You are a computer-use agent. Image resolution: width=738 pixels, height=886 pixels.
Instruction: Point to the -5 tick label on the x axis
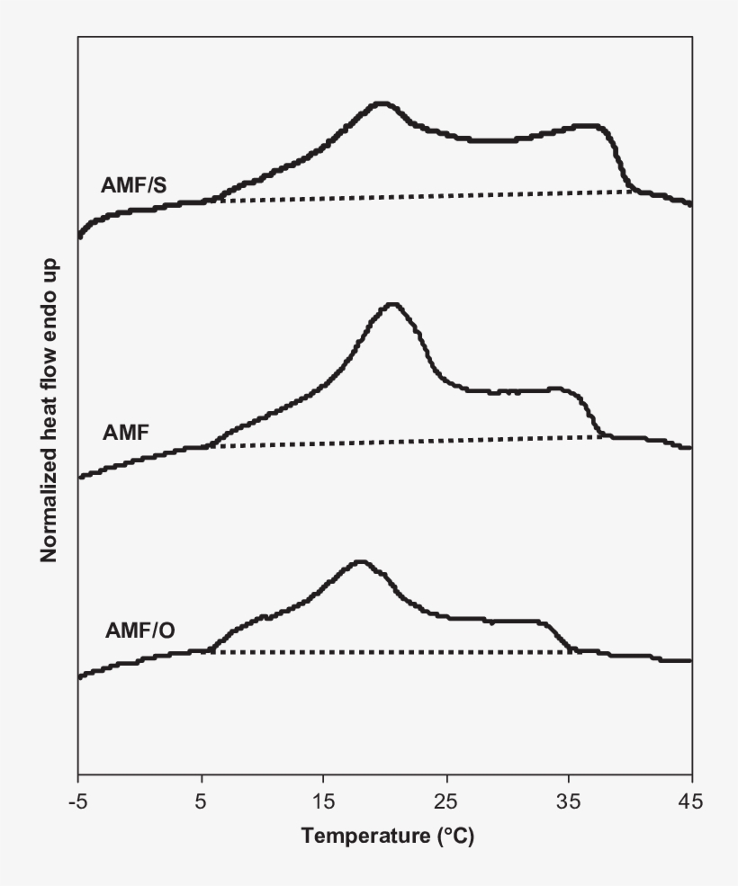[78, 800]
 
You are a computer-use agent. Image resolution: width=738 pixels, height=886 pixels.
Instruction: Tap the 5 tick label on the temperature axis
[201, 800]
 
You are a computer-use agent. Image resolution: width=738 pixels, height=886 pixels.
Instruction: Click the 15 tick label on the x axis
[323, 800]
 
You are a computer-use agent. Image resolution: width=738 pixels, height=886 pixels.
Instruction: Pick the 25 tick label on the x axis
[446, 800]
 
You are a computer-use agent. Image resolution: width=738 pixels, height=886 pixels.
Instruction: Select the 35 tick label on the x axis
[569, 800]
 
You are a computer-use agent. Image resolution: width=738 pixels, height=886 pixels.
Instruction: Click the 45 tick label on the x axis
[691, 800]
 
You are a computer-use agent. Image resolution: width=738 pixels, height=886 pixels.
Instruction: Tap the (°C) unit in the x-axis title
[455, 837]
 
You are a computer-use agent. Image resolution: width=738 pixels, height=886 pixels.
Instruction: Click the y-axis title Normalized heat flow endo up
[49, 409]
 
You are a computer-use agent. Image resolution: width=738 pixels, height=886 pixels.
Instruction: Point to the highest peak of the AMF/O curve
[361, 562]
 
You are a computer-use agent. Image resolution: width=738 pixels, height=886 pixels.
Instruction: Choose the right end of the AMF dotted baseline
[603, 437]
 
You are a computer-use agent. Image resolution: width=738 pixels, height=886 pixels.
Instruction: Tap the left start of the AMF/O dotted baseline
[211, 651]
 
